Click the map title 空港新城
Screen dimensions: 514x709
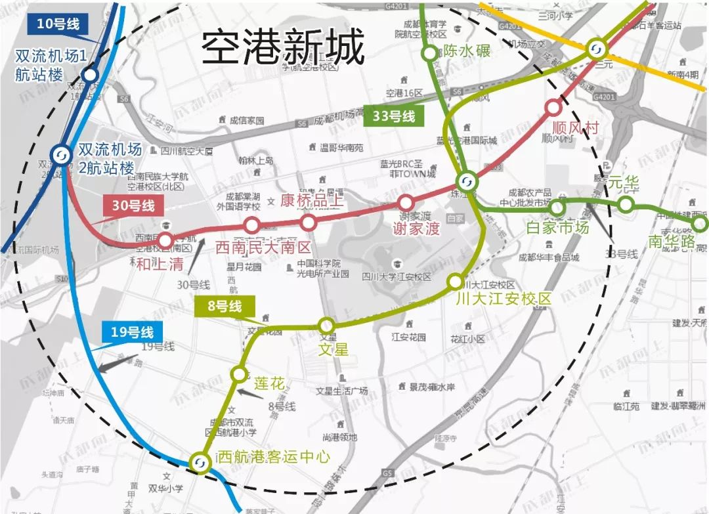tap(282, 47)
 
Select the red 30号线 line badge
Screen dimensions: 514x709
tap(133, 205)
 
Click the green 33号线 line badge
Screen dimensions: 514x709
tap(393, 116)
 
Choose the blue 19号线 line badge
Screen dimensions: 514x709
tap(131, 332)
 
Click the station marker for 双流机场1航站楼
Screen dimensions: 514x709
tap(90, 75)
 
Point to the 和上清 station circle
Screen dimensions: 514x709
tap(165, 240)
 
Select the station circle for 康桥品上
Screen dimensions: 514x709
tap(309, 223)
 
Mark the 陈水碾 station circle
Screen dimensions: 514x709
tap(430, 53)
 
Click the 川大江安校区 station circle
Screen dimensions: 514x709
tap(455, 282)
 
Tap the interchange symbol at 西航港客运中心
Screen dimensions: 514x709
tap(199, 463)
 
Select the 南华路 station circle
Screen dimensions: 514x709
tap(700, 225)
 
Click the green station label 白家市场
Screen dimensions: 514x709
tap(557, 228)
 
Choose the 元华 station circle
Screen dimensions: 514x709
tap(626, 205)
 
